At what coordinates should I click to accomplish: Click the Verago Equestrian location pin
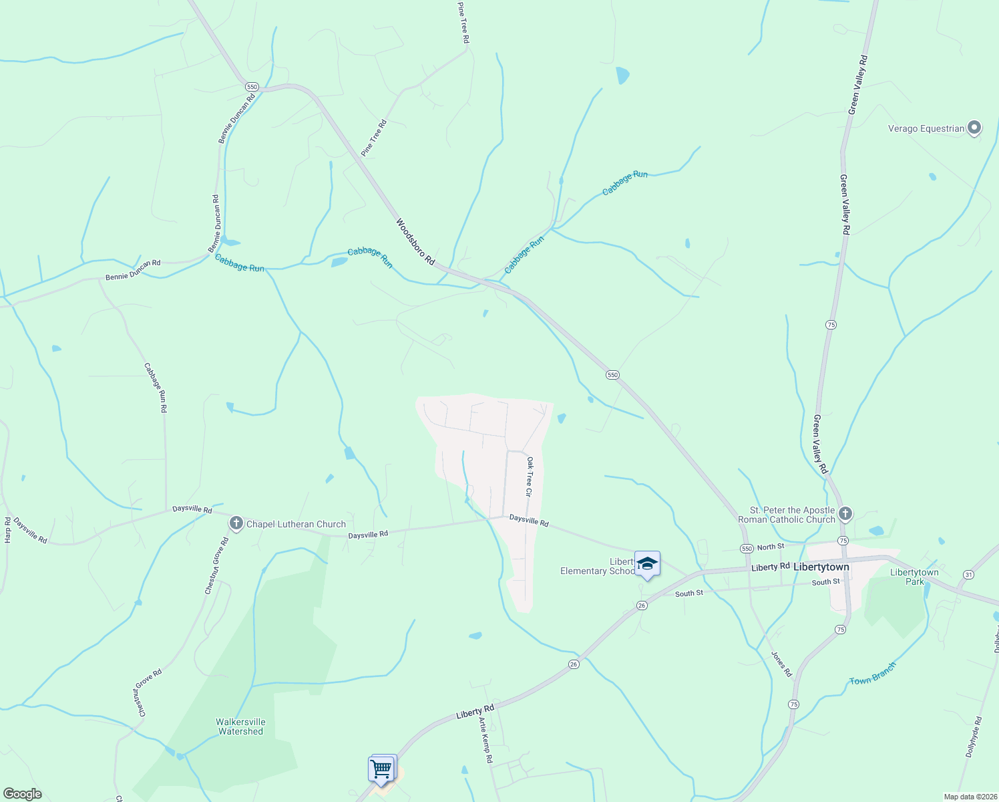(x=974, y=127)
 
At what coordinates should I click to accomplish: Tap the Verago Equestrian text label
(x=926, y=128)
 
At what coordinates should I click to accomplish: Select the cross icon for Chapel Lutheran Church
(x=236, y=523)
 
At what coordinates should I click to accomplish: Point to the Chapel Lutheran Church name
(x=296, y=524)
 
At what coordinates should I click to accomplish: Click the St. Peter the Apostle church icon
(x=845, y=513)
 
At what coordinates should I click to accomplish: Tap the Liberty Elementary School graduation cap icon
(x=647, y=564)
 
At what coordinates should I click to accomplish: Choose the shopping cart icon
(x=381, y=769)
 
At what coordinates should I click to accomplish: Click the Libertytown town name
(x=821, y=567)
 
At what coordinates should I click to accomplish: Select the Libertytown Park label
(x=914, y=577)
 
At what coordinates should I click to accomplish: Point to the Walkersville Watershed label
(x=240, y=726)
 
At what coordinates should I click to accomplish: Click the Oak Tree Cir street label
(x=529, y=477)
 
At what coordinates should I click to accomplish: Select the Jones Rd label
(x=781, y=664)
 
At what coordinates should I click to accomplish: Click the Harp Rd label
(x=8, y=529)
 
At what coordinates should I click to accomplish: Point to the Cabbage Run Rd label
(x=156, y=388)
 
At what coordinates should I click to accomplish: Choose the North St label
(x=771, y=547)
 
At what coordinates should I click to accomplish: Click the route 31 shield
(x=969, y=574)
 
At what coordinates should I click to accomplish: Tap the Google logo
(x=23, y=794)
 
